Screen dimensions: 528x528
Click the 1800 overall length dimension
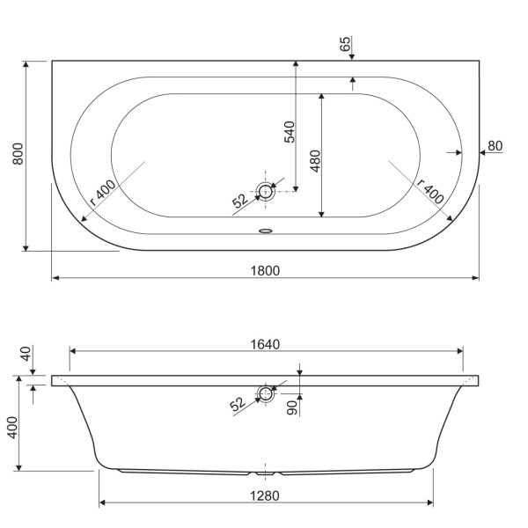pyautogui.click(x=264, y=270)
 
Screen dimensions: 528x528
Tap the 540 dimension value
pyautogui.click(x=289, y=130)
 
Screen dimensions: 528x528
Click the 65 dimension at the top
pyautogui.click(x=345, y=44)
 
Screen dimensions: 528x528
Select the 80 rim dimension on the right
pyautogui.click(x=495, y=145)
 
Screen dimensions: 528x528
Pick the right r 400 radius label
pyautogui.click(x=430, y=192)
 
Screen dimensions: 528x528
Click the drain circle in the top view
pyautogui.click(x=265, y=191)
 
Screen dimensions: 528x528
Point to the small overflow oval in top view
pyautogui.click(x=265, y=232)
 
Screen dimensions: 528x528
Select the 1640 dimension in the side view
pyautogui.click(x=264, y=344)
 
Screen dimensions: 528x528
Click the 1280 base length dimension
pyautogui.click(x=264, y=495)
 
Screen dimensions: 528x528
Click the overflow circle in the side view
pyautogui.click(x=265, y=393)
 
